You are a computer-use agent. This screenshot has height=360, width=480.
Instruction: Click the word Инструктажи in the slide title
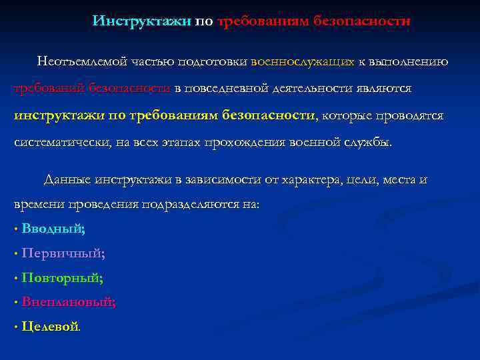tap(142, 21)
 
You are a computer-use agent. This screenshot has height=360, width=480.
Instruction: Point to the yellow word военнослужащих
tap(302, 61)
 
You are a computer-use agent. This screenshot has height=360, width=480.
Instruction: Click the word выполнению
tap(413, 61)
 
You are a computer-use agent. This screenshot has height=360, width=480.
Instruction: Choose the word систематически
tap(57, 143)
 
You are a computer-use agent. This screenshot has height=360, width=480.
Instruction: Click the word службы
tap(367, 143)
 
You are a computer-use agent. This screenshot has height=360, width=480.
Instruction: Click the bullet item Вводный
tap(53, 229)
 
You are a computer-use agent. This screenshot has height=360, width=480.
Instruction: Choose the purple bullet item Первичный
tap(63, 253)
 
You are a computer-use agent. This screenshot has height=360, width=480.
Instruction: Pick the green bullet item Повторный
tap(62, 278)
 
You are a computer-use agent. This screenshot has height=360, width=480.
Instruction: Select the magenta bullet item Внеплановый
tap(68, 302)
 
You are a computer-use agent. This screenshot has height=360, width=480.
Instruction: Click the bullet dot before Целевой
tap(15, 327)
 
